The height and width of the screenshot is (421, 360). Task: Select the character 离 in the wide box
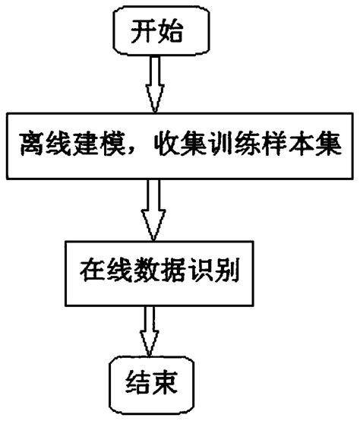pyautogui.click(x=36, y=144)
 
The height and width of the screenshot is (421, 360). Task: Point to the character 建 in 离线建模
pyautogui.click(x=92, y=144)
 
